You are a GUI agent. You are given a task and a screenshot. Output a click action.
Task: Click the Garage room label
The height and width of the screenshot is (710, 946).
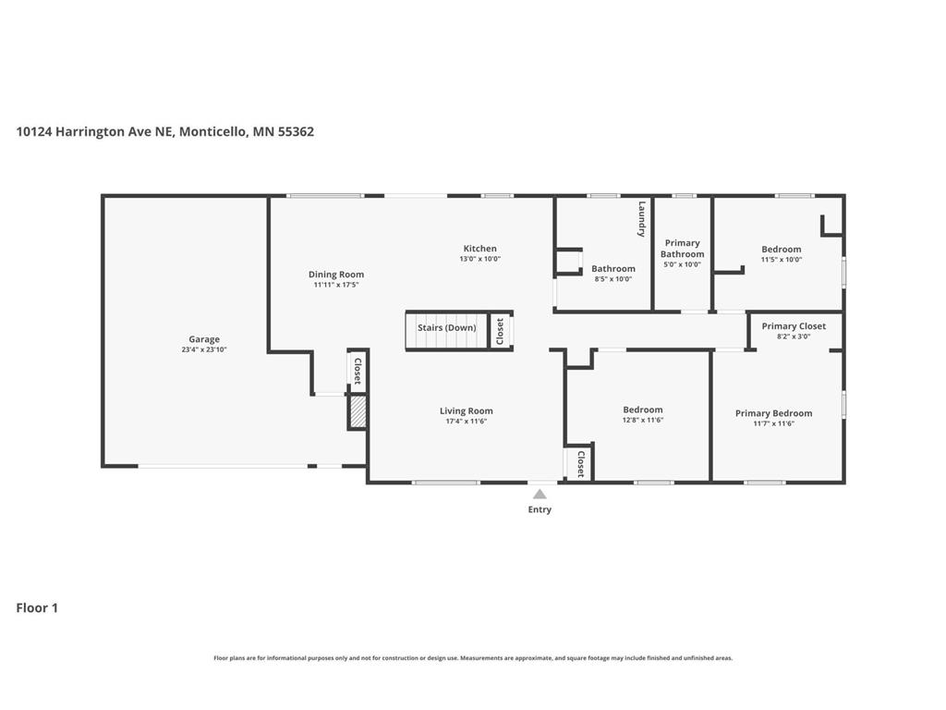click(x=204, y=339)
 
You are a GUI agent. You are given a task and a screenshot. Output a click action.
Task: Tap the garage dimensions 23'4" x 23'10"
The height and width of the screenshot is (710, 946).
click(x=204, y=349)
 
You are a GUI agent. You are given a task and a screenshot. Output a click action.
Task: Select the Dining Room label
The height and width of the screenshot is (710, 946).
click(x=336, y=275)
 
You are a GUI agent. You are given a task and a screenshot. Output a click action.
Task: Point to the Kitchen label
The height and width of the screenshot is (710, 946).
click(x=479, y=249)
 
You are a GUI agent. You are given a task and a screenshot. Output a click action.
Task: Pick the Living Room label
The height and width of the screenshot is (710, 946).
click(x=466, y=411)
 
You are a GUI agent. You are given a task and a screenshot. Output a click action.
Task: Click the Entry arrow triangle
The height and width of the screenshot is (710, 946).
click(x=540, y=495)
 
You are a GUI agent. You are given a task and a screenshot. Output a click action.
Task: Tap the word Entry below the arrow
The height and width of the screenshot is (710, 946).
click(x=540, y=509)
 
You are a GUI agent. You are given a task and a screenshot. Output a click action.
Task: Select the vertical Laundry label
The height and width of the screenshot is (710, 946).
click(x=640, y=220)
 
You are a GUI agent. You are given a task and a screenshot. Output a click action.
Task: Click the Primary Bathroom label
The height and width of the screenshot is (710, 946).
click(x=682, y=249)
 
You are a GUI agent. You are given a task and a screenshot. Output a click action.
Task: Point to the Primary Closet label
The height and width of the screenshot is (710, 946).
click(x=794, y=326)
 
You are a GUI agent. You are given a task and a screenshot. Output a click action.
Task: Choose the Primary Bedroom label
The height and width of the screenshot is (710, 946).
click(x=773, y=413)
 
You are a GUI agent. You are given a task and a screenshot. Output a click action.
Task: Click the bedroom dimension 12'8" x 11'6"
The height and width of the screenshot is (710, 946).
click(x=642, y=420)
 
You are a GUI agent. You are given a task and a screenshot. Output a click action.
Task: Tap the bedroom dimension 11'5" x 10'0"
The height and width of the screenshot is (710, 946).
click(x=781, y=260)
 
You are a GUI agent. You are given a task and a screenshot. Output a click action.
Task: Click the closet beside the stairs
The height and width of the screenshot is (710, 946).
click(x=500, y=330)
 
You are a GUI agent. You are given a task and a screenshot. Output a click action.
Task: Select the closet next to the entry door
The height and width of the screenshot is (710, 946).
click(x=579, y=463)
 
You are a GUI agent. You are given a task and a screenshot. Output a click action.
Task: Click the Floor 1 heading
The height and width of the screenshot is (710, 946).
click(x=37, y=608)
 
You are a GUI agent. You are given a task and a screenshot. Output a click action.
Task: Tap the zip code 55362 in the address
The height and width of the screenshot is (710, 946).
click(x=296, y=131)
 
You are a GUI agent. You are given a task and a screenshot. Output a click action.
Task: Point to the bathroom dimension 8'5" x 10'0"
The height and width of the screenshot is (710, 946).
click(x=613, y=278)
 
